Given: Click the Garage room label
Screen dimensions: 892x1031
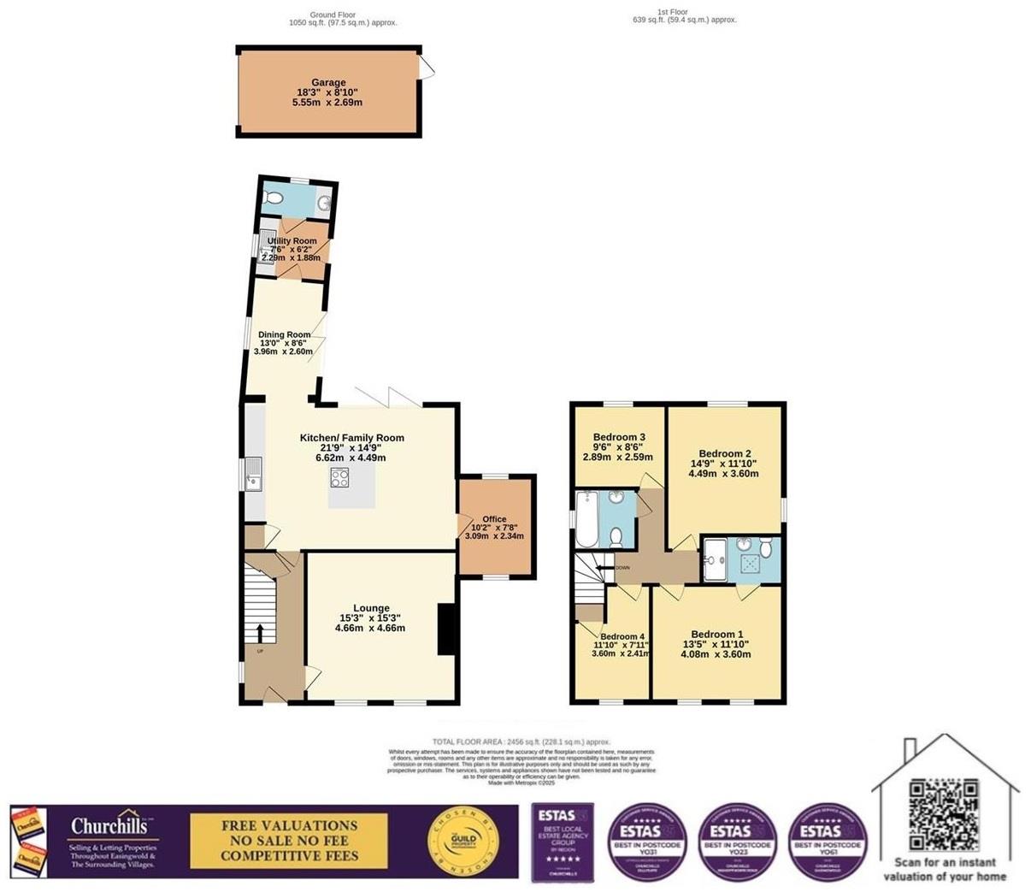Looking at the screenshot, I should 328,83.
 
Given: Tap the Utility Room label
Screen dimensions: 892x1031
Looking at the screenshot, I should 292,241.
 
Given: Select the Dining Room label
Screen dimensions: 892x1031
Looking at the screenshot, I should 285,335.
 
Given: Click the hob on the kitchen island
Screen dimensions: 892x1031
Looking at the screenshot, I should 340,478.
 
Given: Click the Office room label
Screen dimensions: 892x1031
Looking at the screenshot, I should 494,519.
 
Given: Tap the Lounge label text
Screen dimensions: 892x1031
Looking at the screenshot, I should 370,608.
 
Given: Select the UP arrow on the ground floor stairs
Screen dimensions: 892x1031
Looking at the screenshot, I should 260,633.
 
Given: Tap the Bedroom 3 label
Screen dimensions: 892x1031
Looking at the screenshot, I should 618,437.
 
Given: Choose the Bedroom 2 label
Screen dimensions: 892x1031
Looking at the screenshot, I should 724,453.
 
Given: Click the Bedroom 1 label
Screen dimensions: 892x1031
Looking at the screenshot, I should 716,635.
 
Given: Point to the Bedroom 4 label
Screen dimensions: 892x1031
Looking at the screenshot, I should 622,636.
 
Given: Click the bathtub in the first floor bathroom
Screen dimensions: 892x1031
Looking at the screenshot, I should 586,520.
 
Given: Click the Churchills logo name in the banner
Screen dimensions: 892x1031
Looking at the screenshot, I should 112,826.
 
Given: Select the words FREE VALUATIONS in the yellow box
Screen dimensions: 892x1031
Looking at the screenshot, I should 289,825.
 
